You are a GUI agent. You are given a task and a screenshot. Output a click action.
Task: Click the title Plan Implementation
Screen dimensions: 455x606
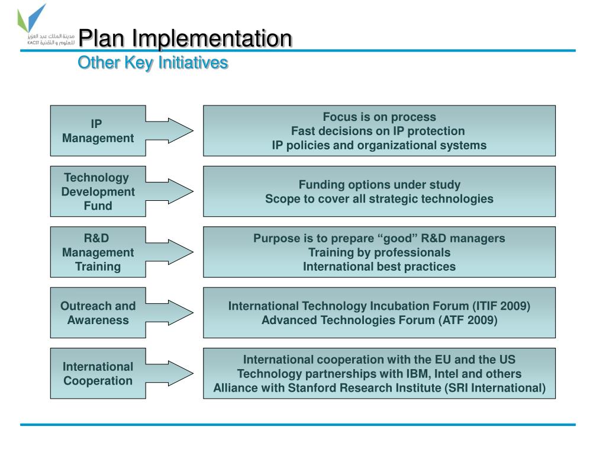[185, 39]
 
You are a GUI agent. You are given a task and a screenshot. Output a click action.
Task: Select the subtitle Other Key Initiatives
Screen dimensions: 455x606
[153, 62]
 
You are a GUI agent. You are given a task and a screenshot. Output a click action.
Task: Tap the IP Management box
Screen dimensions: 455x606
[98, 131]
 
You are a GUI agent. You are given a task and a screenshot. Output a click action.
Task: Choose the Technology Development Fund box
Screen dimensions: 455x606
[98, 191]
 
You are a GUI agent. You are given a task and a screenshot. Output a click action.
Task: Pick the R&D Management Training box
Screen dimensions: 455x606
[98, 252]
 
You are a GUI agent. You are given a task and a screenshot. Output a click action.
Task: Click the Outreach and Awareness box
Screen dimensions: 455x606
[98, 313]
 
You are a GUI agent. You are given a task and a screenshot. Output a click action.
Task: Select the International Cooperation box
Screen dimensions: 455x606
[98, 373]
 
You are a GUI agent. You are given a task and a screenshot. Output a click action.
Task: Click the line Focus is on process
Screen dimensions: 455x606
[379, 117]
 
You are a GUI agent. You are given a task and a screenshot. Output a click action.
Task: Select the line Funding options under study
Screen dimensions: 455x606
[379, 184]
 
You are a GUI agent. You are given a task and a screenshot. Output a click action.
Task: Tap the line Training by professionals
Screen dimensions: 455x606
[379, 252]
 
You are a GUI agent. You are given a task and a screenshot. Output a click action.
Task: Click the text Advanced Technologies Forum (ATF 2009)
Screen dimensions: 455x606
[379, 320]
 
